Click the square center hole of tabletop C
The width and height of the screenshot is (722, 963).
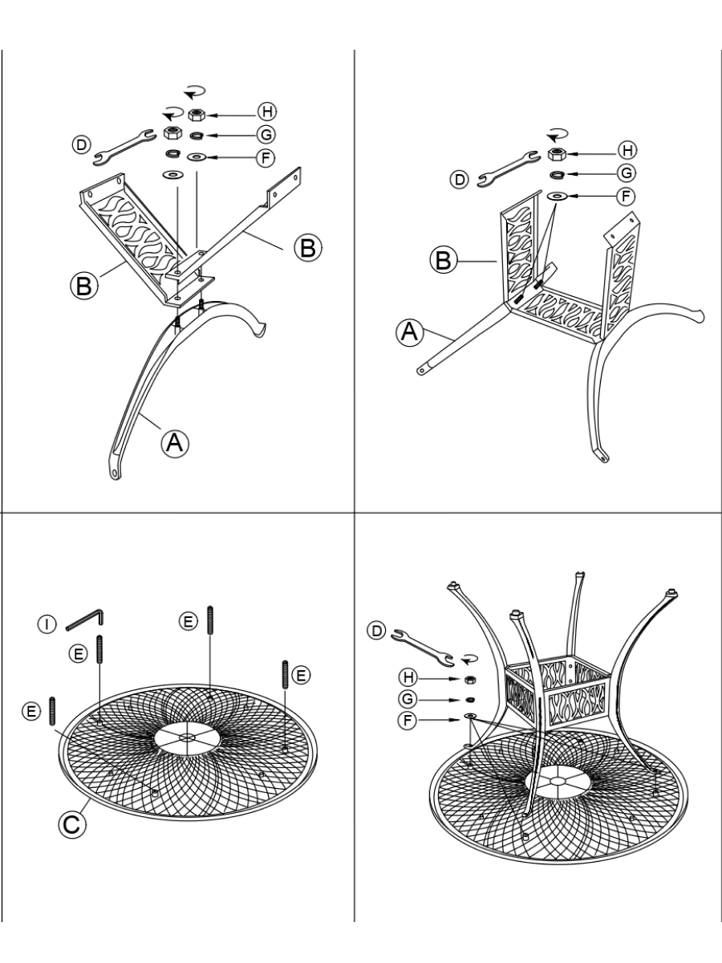pyautogui.click(x=187, y=736)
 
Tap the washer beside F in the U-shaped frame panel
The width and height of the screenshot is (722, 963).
pyautogui.click(x=557, y=197)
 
